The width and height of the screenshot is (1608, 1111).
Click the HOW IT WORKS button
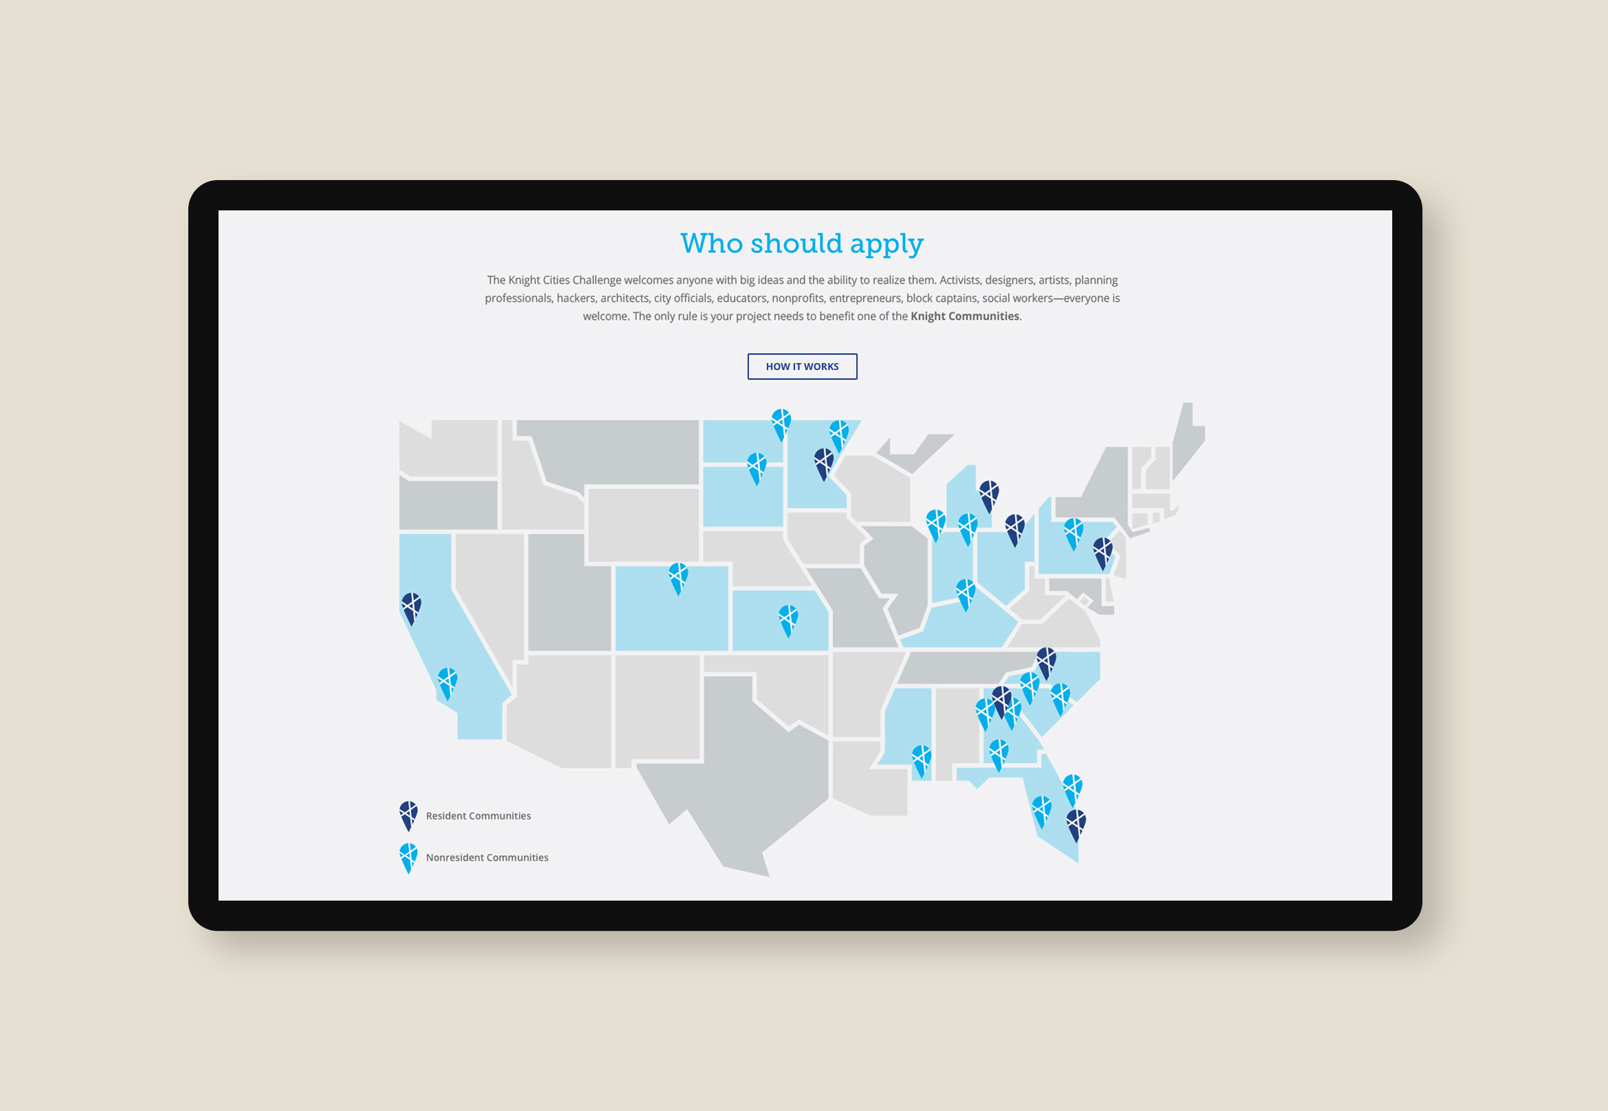(801, 366)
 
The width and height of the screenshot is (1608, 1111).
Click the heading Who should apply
(801, 243)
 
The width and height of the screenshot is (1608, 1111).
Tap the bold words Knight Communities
(964, 316)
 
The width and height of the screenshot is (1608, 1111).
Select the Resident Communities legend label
(478, 816)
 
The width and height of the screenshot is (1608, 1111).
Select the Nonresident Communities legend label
(487, 857)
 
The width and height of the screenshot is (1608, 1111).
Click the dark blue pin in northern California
(411, 606)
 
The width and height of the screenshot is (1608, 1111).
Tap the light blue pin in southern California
(447, 681)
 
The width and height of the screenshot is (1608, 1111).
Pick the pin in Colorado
(678, 575)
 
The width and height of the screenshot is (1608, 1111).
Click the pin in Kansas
(788, 617)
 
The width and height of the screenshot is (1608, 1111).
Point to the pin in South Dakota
(757, 465)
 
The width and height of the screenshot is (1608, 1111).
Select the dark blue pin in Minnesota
(824, 461)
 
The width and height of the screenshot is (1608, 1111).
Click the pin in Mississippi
(922, 758)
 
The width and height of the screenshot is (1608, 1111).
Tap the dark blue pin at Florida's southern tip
(1076, 822)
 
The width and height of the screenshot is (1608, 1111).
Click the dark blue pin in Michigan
(989, 494)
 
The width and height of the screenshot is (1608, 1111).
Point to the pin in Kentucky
(965, 592)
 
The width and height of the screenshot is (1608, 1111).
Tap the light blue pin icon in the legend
(408, 855)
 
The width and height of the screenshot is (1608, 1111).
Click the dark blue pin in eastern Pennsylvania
(1103, 550)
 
